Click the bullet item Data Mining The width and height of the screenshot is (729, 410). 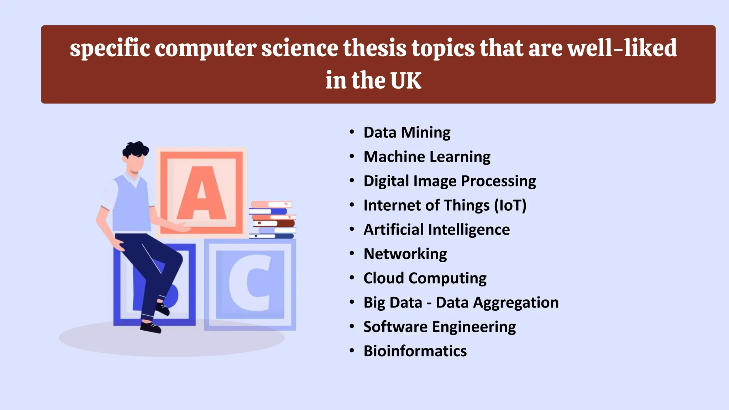tap(407, 132)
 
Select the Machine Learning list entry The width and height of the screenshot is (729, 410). tap(427, 157)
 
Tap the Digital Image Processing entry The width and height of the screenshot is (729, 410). tap(450, 181)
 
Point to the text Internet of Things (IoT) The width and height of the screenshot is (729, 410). tap(445, 205)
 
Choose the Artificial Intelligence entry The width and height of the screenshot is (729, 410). tap(436, 230)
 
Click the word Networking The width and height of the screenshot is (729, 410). tap(405, 254)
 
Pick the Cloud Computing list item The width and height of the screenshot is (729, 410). tap(425, 278)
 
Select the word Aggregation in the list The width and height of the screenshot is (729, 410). tap(516, 303)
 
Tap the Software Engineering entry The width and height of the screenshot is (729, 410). tap(440, 327)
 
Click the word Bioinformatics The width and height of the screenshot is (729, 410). tap(415, 351)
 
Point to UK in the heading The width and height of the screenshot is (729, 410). tap(406, 80)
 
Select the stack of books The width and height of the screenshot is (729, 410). tap(273, 220)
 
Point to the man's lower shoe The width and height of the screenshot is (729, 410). tap(151, 327)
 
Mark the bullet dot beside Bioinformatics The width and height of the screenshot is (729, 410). tap(352, 351)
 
